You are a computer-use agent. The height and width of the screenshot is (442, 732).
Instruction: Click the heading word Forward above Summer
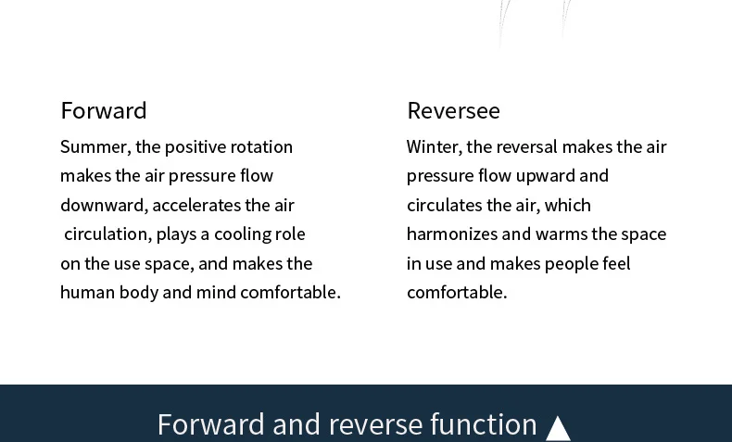104,110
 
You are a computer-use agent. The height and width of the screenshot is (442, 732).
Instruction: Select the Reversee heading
453,110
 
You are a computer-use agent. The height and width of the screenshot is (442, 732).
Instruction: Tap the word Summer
95,147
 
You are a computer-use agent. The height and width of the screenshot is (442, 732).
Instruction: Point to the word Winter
435,147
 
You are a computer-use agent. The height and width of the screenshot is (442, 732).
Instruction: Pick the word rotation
261,147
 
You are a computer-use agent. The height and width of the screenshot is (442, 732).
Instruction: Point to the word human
88,292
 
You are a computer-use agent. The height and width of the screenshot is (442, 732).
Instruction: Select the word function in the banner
483,424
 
